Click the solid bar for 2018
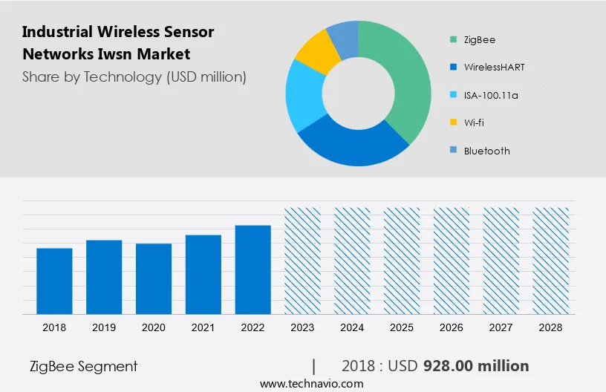(54, 281)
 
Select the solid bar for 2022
(253, 269)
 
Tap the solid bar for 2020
(154, 278)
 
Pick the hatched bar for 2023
(302, 260)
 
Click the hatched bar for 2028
(551, 260)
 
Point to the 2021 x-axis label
(203, 327)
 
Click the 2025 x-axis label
(402, 327)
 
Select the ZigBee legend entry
(479, 39)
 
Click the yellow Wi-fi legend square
(452, 122)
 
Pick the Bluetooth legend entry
(486, 151)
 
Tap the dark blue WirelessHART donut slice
(349, 145)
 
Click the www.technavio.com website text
(311, 383)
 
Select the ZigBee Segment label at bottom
(83, 366)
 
